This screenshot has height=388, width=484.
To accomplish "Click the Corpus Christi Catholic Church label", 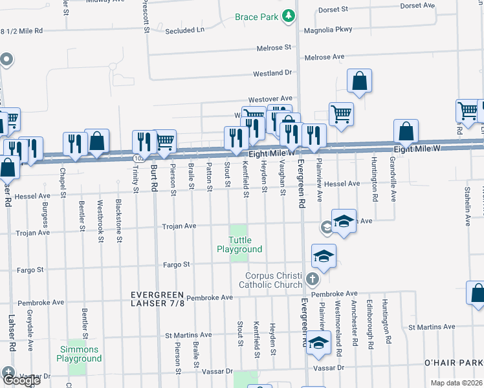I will click(270, 280).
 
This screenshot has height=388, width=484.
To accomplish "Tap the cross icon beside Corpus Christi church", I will click(313, 280).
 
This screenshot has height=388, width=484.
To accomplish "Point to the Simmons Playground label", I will click(79, 354).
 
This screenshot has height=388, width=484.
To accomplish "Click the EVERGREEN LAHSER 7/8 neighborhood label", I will click(157, 299).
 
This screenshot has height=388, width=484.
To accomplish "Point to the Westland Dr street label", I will click(272, 74).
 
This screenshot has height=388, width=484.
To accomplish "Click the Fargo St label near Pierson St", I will click(176, 264).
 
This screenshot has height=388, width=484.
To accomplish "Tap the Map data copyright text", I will click(457, 383).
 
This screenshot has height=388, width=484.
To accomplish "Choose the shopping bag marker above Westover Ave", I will click(359, 81).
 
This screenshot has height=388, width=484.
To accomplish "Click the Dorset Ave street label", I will click(417, 5).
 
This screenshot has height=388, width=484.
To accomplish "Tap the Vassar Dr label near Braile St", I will click(217, 372).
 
